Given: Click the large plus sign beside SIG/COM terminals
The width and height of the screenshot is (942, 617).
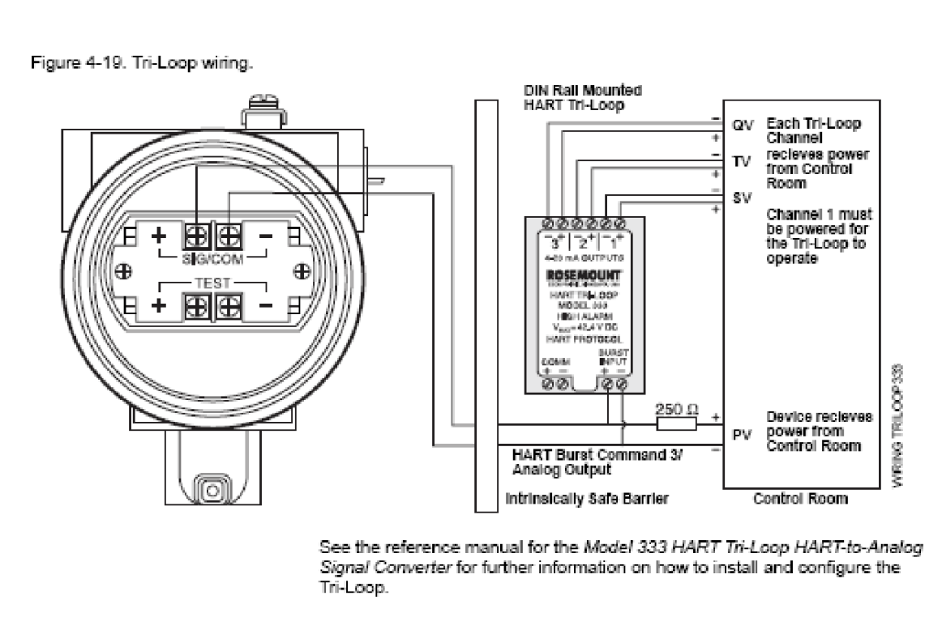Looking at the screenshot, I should [x=159, y=237].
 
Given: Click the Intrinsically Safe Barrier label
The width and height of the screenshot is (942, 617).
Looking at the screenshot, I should [x=587, y=500].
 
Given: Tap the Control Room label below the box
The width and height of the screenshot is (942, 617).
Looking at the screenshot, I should [x=801, y=499].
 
